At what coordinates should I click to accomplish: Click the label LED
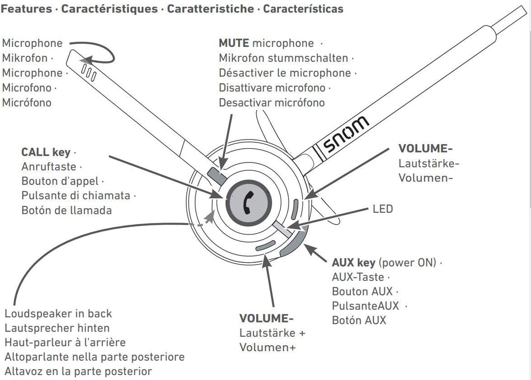coord(383,209)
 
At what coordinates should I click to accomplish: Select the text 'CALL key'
coord(46,152)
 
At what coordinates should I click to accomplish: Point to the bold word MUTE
coord(234,43)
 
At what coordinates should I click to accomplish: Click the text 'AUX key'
coord(354,262)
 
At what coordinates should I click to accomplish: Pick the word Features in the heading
coord(27,9)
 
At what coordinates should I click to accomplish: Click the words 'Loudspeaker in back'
coord(58,313)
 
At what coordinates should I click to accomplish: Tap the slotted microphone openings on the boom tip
coord(88,72)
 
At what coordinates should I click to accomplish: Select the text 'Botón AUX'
coord(359,320)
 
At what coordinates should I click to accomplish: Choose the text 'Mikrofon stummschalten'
coord(283,58)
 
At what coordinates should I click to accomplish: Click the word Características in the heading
coord(303,9)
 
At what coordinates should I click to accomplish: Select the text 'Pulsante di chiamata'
coord(76,195)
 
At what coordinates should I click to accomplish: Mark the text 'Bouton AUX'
coord(362,292)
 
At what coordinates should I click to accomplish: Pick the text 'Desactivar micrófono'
coord(271,103)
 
